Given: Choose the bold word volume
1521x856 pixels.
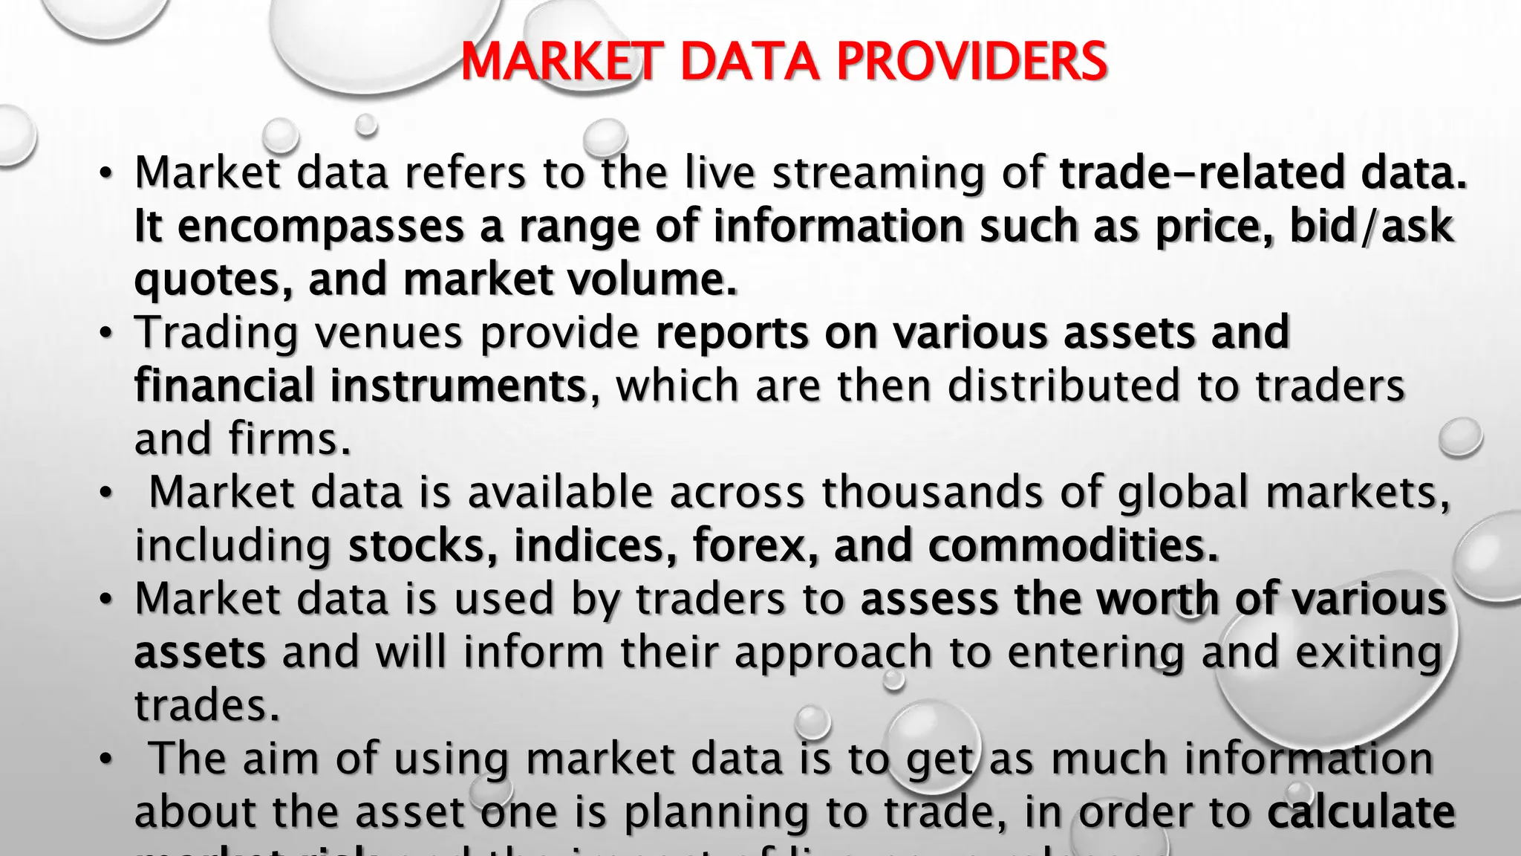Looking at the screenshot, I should point(652,279).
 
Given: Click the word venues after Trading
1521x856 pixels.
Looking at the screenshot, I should point(389,332).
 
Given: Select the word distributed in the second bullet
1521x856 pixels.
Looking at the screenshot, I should point(1063,386).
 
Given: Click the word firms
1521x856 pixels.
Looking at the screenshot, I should point(289,439).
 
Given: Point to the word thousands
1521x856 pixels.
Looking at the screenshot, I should point(932,492).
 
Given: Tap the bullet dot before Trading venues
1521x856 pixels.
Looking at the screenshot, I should point(107,333).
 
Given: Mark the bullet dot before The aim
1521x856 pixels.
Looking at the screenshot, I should point(107,759).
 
